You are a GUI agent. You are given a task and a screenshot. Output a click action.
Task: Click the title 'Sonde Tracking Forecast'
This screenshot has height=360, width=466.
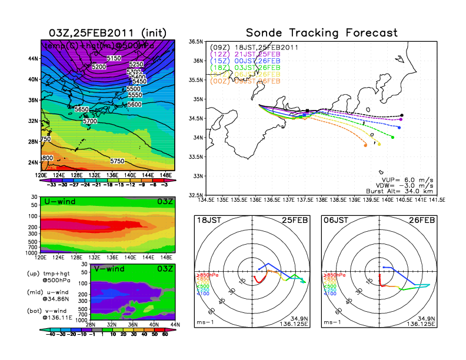point(321,32)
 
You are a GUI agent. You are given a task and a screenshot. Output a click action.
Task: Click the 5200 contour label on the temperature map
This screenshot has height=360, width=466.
point(99,67)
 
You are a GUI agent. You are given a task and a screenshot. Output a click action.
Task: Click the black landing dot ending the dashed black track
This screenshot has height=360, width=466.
point(402,115)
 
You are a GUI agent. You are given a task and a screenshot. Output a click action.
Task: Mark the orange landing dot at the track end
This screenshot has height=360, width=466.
point(365,145)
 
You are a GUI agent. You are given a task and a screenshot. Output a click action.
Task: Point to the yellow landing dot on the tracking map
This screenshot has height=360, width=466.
point(379,144)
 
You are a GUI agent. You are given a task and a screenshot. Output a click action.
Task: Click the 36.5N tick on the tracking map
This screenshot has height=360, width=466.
point(195,42)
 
